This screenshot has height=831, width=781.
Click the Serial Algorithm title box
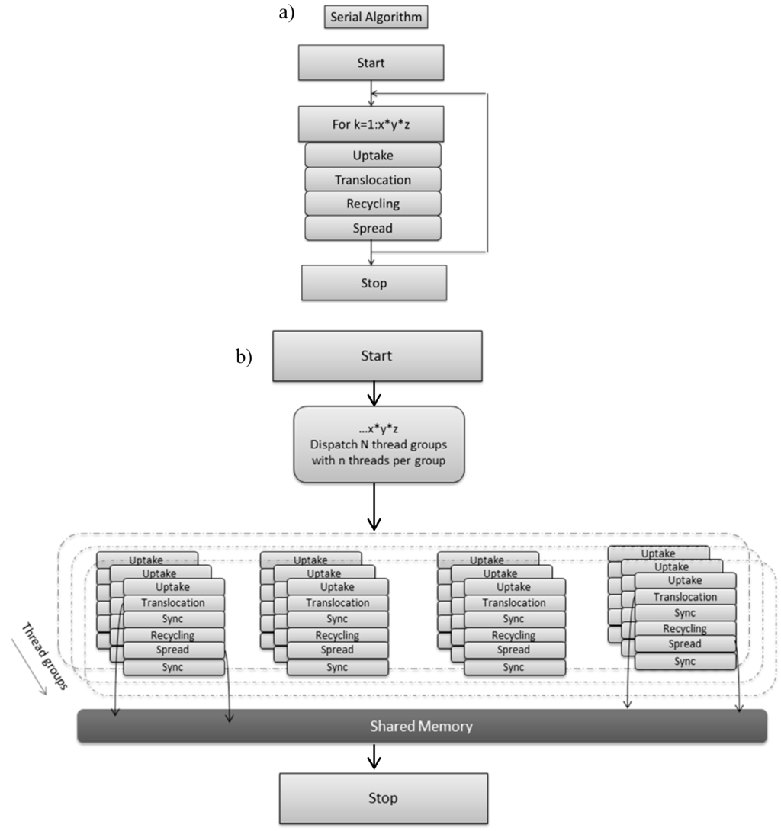[375, 17]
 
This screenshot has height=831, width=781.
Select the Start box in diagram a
[371, 63]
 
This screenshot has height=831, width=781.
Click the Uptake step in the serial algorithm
[372, 156]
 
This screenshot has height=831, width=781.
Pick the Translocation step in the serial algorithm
[372, 180]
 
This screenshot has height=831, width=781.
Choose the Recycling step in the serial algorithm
[372, 204]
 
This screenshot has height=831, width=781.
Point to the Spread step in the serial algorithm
[372, 227]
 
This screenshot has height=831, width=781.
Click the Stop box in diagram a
[373, 283]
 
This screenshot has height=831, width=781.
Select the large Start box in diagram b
[377, 356]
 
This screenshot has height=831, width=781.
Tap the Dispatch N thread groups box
[378, 444]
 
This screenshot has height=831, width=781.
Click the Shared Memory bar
[423, 726]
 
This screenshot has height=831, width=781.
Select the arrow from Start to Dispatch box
[373, 393]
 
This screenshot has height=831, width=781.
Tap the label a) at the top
[288, 13]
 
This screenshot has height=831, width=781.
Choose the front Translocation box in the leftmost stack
[173, 603]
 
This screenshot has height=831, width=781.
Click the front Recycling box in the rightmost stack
[684, 629]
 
